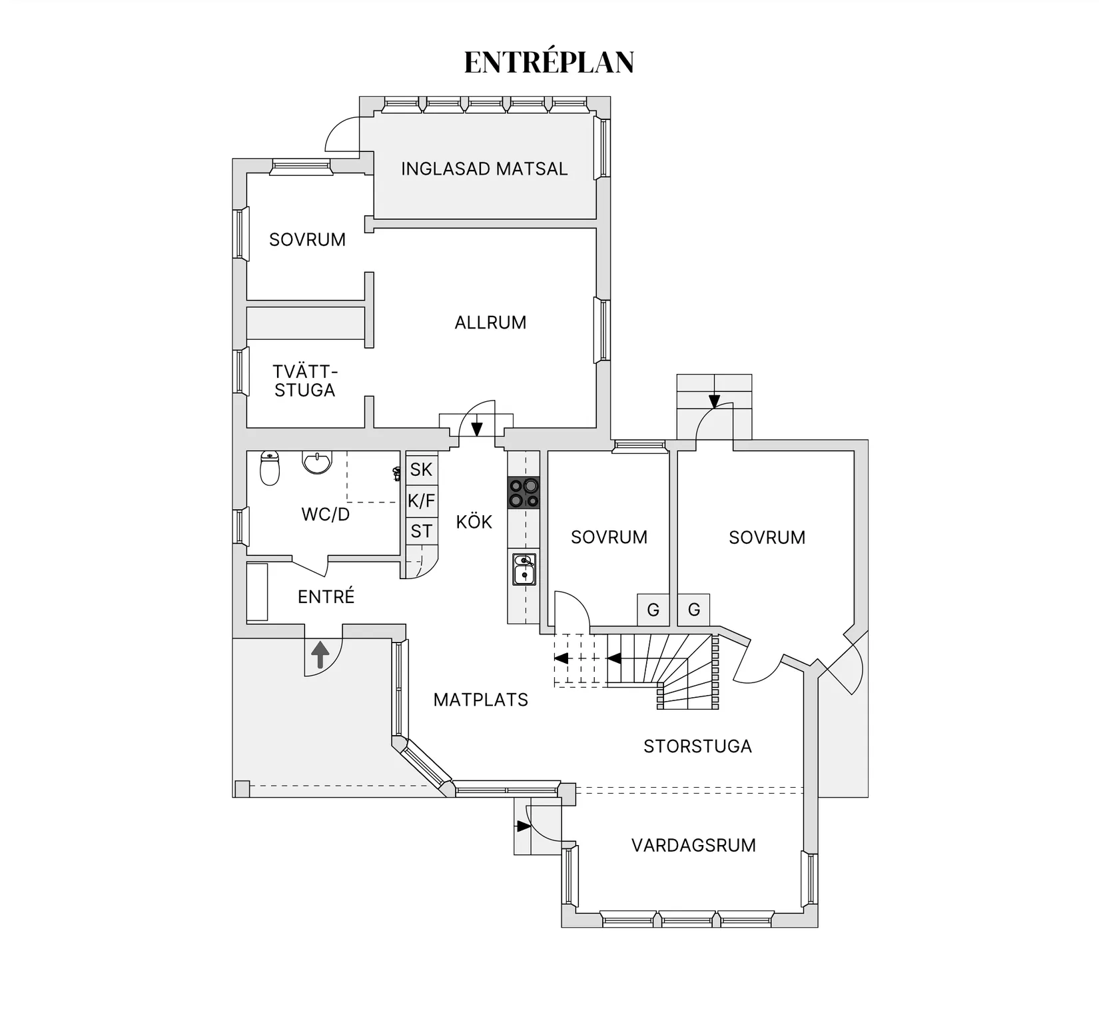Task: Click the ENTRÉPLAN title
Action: (549, 63)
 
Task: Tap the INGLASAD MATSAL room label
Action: (484, 169)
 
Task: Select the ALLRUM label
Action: (490, 323)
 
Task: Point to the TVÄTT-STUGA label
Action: (305, 381)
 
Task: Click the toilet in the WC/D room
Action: (269, 468)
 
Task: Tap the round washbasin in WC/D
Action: (317, 461)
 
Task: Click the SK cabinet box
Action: (422, 469)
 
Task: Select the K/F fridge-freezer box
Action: (422, 501)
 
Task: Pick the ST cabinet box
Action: (422, 531)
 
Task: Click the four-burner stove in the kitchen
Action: (524, 493)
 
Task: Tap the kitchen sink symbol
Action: (524, 569)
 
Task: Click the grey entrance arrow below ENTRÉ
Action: (320, 654)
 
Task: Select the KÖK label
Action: (474, 522)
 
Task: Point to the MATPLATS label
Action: (480, 700)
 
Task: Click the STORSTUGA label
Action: (697, 746)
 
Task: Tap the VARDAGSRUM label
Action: (693, 846)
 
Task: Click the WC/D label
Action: (325, 514)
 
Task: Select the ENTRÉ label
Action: (326, 596)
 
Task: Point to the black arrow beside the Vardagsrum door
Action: (524, 826)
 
